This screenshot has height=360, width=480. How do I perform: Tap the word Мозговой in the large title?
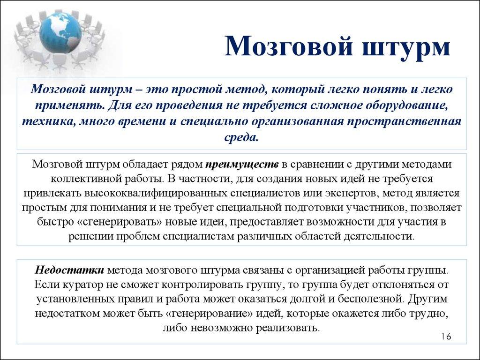coord(286,48)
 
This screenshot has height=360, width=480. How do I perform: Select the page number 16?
coord(446,337)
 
